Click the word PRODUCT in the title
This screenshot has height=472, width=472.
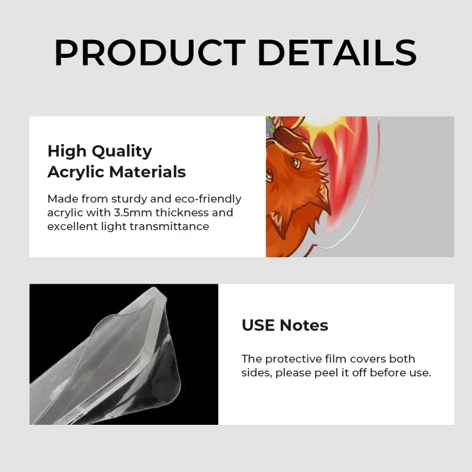click(x=150, y=53)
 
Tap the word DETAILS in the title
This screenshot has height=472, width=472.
click(x=337, y=53)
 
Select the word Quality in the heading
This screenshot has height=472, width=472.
click(x=122, y=152)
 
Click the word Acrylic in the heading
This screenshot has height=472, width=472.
click(x=77, y=172)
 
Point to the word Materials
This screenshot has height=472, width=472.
click(x=147, y=172)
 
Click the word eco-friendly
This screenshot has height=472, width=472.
click(x=208, y=199)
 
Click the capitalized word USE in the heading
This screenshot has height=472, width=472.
click(x=258, y=326)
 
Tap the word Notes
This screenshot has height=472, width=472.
click(x=304, y=326)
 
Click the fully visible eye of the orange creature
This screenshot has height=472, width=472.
click(x=294, y=163)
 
